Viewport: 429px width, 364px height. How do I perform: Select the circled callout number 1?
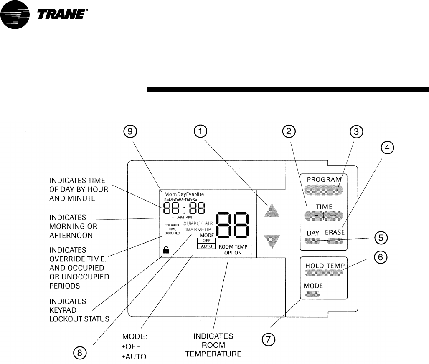pyautogui.click(x=201, y=132)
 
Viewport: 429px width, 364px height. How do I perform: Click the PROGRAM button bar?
pyautogui.click(x=324, y=190)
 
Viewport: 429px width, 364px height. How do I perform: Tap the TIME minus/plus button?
pyautogui.click(x=324, y=216)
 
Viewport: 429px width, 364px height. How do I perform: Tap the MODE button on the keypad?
pyautogui.click(x=313, y=294)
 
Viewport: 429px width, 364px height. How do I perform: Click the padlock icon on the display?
pyautogui.click(x=166, y=250)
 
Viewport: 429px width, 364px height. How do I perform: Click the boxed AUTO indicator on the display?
pyautogui.click(x=206, y=246)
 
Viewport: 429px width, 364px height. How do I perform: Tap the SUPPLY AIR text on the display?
pyautogui.click(x=198, y=223)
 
